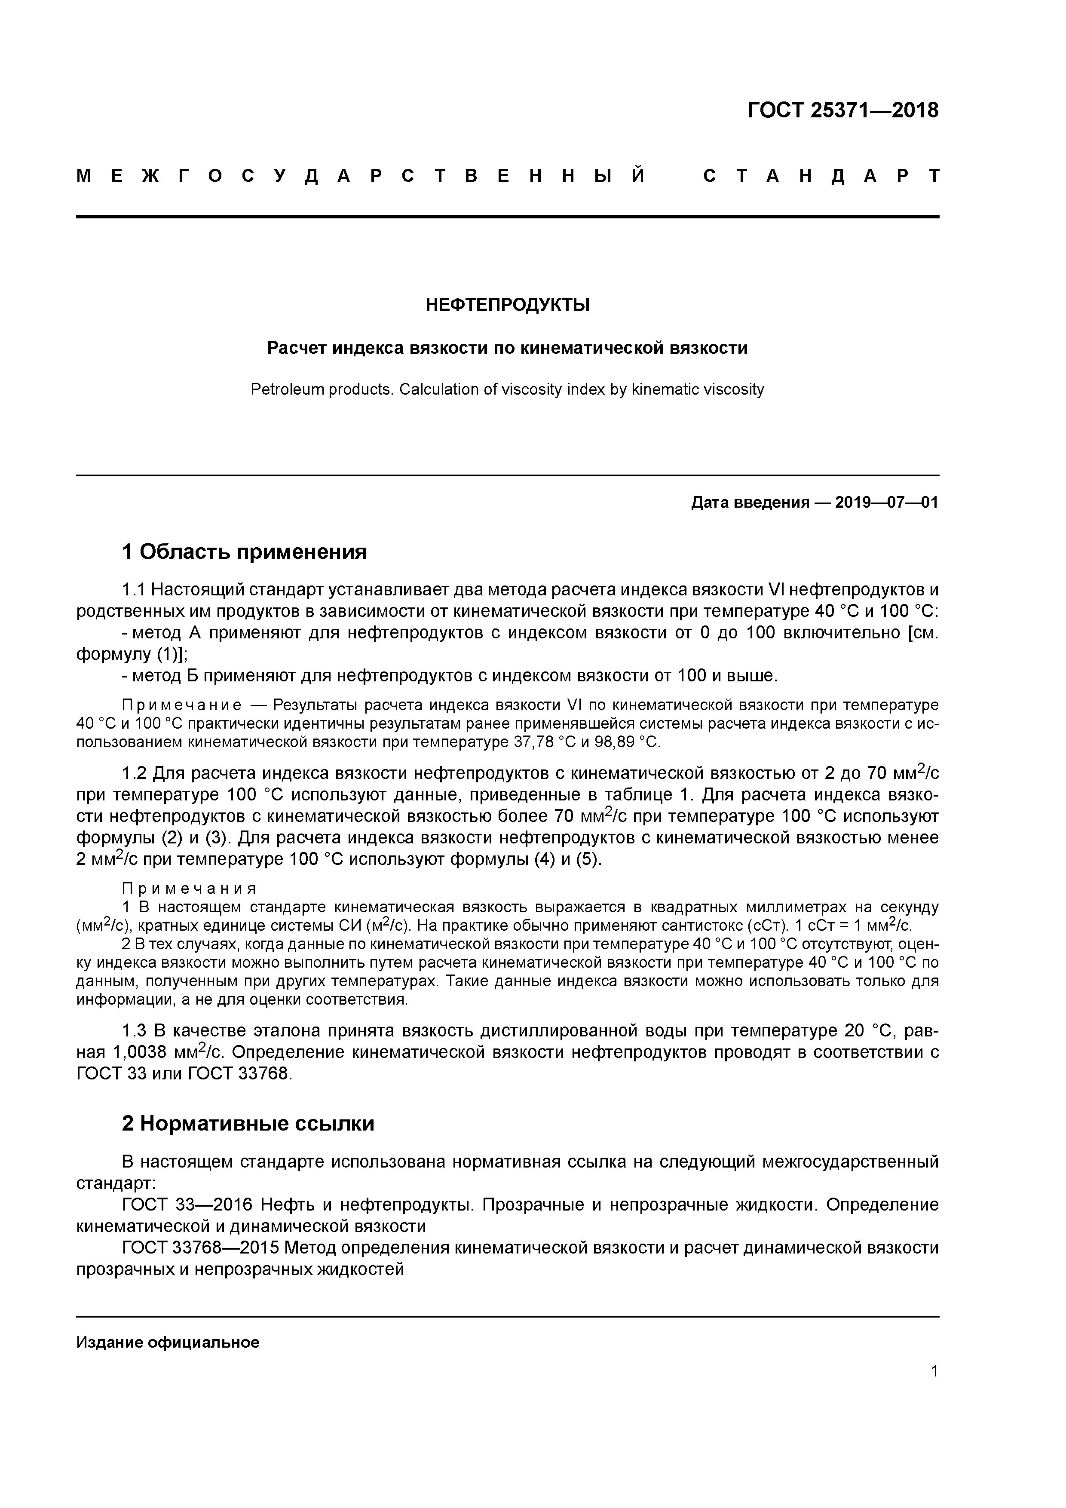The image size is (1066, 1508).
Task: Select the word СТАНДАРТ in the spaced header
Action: coord(821,176)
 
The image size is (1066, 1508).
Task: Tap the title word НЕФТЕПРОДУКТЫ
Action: coord(507,305)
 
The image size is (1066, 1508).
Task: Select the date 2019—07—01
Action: coord(887,503)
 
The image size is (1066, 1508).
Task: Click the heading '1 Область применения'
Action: coord(244,552)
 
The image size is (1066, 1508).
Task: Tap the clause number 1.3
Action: coord(136,1030)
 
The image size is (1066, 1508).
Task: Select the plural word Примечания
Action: coord(189,889)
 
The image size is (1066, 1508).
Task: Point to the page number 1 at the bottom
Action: coord(934,1371)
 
